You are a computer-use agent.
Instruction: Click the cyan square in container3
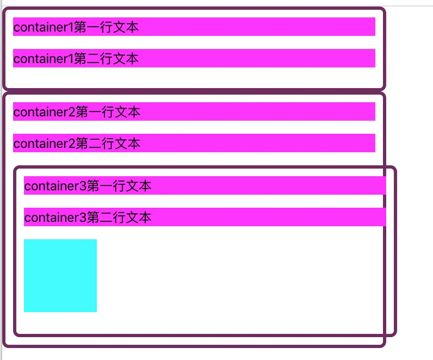(60, 276)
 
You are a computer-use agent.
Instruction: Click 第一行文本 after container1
(106, 27)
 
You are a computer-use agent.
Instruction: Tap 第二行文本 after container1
(106, 59)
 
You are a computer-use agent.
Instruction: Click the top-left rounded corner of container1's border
(5, 10)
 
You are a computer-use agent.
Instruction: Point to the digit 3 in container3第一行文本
(83, 186)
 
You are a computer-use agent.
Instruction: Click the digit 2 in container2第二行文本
(72, 144)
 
